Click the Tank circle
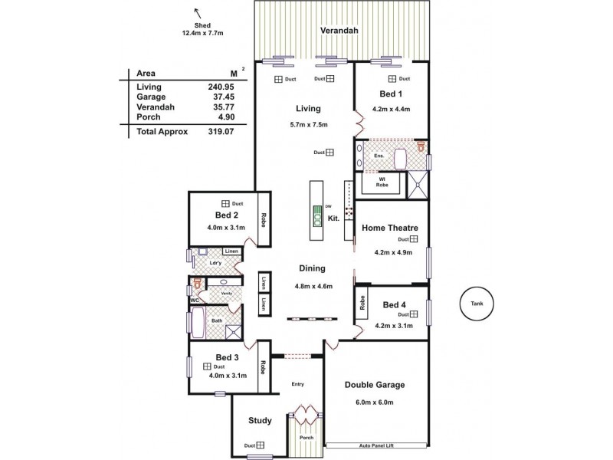[x=476, y=305]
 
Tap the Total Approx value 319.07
[x=219, y=132]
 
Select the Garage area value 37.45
[x=219, y=97]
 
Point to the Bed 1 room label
[x=391, y=94]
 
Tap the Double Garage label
[x=375, y=385]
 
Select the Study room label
[x=261, y=420]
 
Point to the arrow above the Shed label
[x=198, y=11]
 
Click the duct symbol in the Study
[x=261, y=445]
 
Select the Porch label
[x=306, y=438]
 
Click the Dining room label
[x=313, y=268]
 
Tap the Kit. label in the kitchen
[x=333, y=219]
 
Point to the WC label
[x=195, y=300]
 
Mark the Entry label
[x=299, y=384]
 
